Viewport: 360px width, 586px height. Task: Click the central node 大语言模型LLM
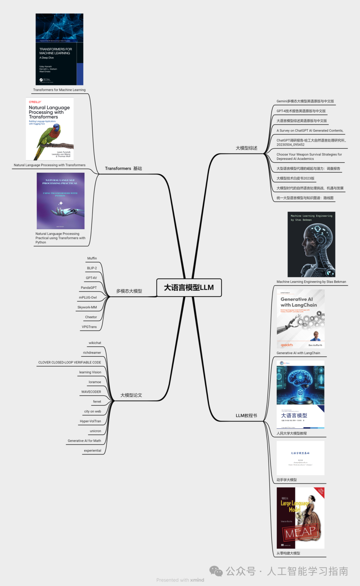pyautogui.click(x=189, y=287)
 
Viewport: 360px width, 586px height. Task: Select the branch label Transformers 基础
pyautogui.click(x=123, y=168)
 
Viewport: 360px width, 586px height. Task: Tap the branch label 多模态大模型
pyautogui.click(x=129, y=291)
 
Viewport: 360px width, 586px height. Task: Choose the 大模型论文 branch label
pyautogui.click(x=131, y=395)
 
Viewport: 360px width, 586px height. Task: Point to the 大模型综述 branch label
pyautogui.click(x=246, y=148)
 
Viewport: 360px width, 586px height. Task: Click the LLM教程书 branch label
pyautogui.click(x=246, y=416)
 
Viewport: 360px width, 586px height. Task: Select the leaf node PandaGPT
pyautogui.click(x=89, y=288)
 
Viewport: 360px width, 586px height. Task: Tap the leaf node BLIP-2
pyautogui.click(x=92, y=268)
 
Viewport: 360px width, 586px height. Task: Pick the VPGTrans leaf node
pyautogui.click(x=89, y=327)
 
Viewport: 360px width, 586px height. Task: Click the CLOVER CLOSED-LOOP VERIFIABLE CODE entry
pyautogui.click(x=69, y=362)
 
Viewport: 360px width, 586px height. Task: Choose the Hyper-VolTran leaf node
pyautogui.click(x=90, y=421)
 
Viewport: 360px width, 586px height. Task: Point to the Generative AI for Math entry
pyautogui.click(x=84, y=441)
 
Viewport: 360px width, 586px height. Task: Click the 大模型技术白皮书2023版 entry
pyautogui.click(x=295, y=178)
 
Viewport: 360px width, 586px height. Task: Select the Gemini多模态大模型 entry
pyautogui.click(x=305, y=101)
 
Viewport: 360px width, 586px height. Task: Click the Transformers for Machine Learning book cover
pyautogui.click(x=59, y=49)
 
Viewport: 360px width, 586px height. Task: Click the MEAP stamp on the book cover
pyautogui.click(x=301, y=532)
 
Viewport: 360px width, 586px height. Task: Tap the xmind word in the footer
pyautogui.click(x=197, y=580)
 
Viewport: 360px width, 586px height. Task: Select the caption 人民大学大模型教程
pyautogui.click(x=292, y=433)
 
